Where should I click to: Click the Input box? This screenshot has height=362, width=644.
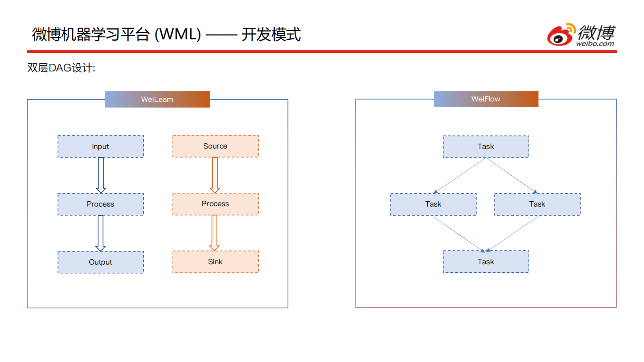(x=101, y=147)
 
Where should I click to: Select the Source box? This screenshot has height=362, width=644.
(x=215, y=146)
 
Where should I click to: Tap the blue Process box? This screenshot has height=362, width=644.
(x=101, y=204)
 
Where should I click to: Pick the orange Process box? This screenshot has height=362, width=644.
(x=215, y=204)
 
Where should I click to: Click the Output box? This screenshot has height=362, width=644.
(x=101, y=262)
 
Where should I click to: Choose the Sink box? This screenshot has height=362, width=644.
(x=215, y=262)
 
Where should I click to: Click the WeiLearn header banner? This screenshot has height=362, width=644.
(x=157, y=99)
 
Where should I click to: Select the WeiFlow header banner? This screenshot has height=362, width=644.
(x=486, y=99)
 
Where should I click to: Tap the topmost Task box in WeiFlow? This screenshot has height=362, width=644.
(x=486, y=147)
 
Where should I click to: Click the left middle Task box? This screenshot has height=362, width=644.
(x=433, y=204)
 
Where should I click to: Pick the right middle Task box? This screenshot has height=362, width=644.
(x=537, y=204)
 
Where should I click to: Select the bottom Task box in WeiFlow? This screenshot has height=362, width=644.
(x=486, y=262)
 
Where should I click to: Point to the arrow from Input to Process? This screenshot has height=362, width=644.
(x=101, y=175)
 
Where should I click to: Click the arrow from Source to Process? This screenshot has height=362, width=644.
(x=215, y=175)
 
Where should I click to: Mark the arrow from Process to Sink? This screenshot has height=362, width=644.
(x=215, y=232)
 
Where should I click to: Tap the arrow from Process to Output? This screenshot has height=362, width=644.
(x=101, y=233)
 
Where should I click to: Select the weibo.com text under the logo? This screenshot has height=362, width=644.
(x=595, y=44)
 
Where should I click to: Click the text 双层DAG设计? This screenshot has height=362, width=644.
(x=61, y=68)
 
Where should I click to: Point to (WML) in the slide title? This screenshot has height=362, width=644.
(x=178, y=34)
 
